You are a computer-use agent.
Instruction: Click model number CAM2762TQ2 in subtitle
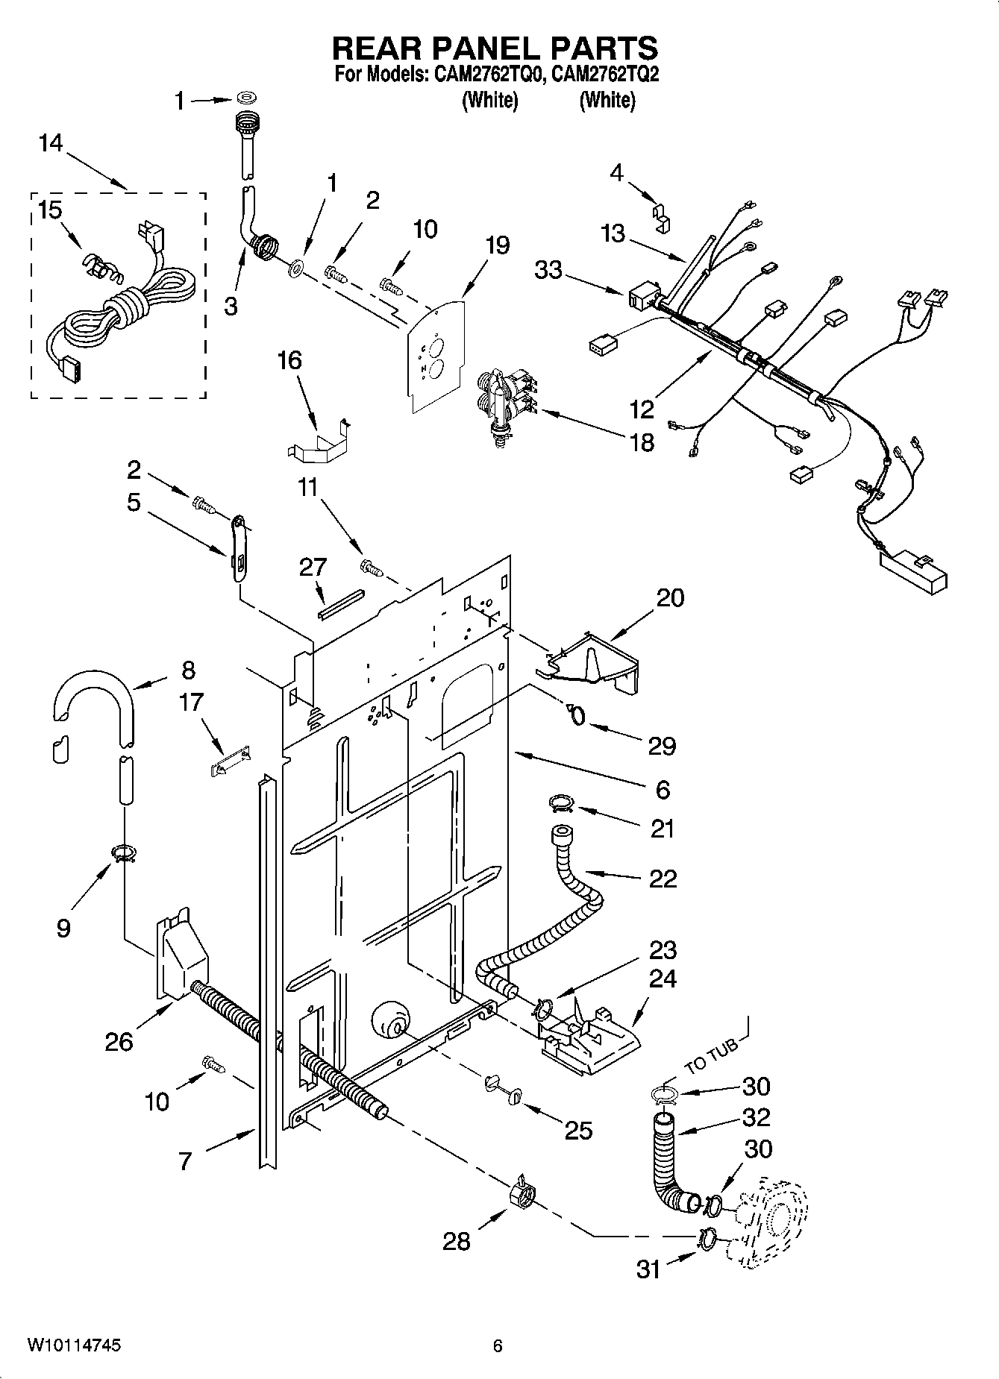coord(607,75)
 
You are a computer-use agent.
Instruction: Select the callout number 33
coord(548,269)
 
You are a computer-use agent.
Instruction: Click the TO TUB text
coord(712,1055)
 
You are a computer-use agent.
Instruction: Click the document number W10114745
coord(74,1345)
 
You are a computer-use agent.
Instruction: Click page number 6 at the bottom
coord(498,1345)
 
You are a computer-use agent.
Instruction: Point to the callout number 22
coord(663,879)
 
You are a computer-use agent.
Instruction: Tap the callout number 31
coord(648,1269)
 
